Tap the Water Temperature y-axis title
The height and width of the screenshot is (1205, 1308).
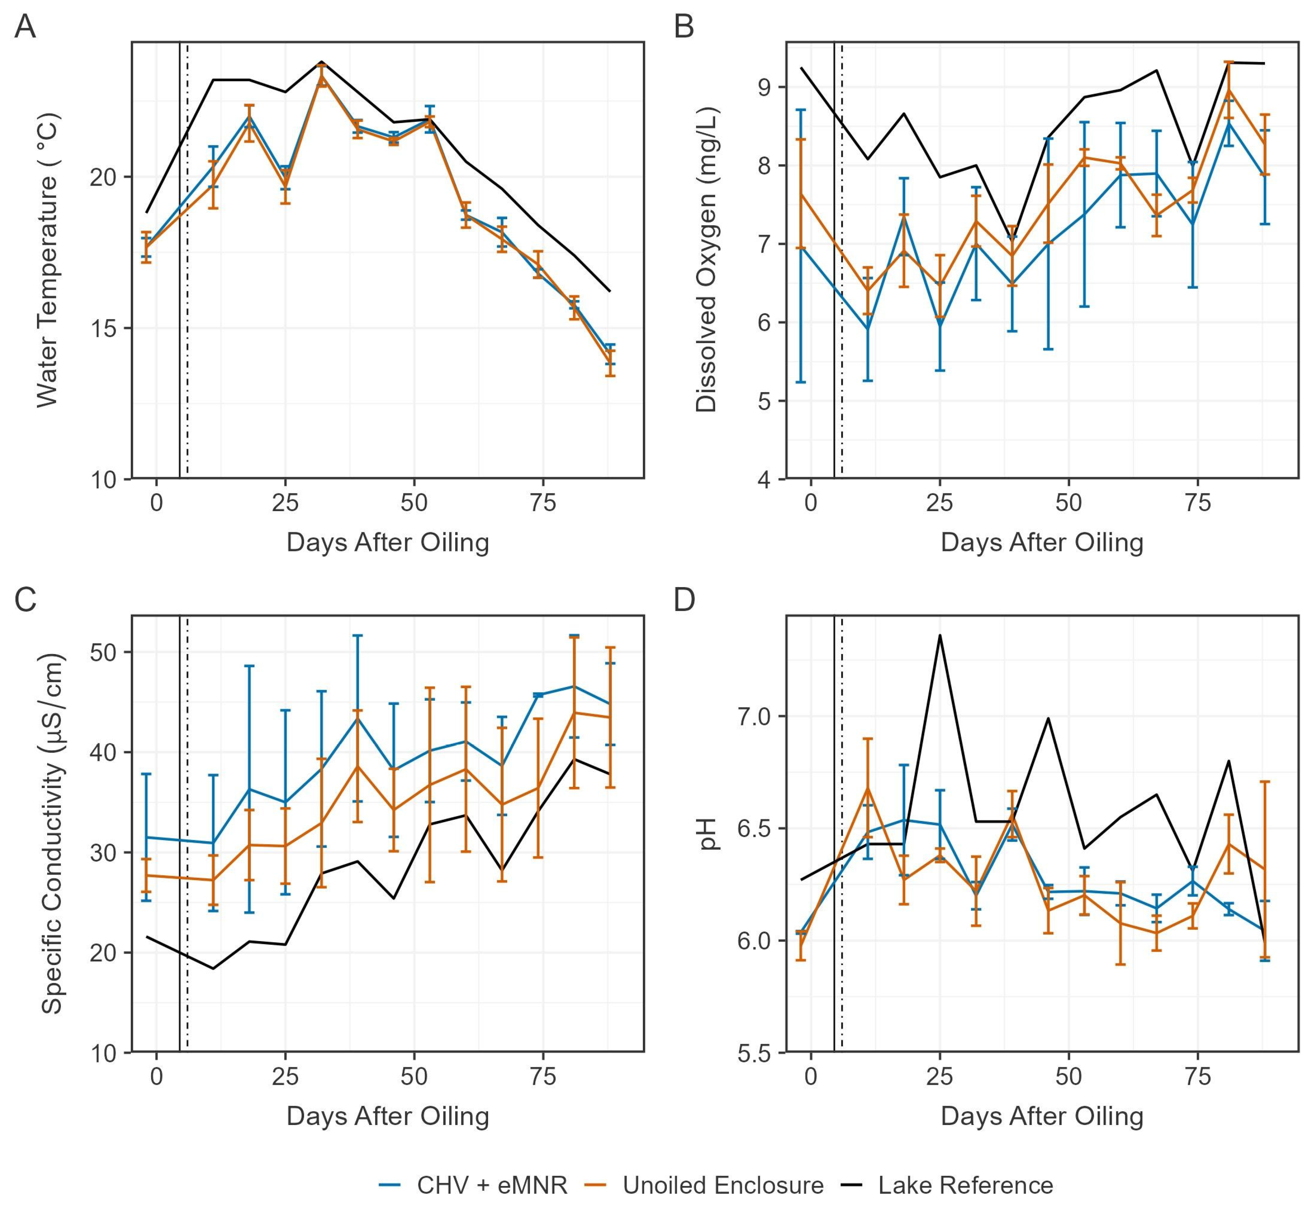click(48, 260)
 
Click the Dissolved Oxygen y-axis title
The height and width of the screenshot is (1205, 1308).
click(706, 260)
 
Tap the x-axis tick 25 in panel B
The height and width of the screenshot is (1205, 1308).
click(940, 503)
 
